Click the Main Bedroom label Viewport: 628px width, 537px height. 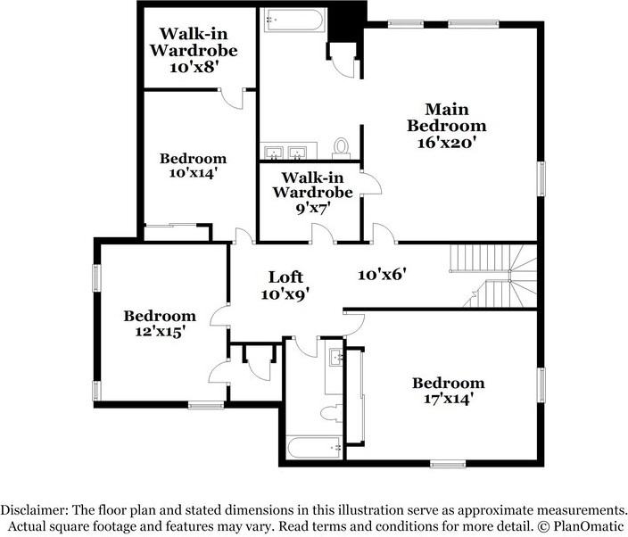[x=447, y=118]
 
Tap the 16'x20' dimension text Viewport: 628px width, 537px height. [x=447, y=143]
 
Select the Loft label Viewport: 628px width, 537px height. [x=285, y=277]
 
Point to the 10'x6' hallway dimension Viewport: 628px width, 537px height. [x=382, y=275]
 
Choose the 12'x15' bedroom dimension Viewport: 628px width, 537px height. [x=160, y=332]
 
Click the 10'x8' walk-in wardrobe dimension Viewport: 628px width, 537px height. [x=194, y=67]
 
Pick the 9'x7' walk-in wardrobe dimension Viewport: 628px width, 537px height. [x=312, y=208]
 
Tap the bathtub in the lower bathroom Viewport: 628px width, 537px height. [x=316, y=448]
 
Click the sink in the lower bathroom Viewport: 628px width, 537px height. [x=336, y=357]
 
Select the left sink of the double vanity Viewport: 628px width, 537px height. [x=274, y=153]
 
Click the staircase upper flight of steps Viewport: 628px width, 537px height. [x=480, y=258]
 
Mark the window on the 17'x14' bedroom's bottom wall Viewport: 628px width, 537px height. [x=448, y=464]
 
